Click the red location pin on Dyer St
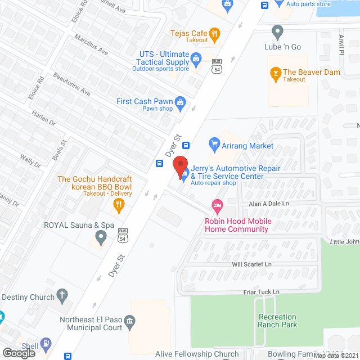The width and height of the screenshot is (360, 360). tap(180, 166)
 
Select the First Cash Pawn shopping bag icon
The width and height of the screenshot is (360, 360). tap(180, 102)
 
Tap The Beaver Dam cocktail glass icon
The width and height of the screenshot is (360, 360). tap(275, 72)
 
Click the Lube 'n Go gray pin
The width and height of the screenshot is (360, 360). tap(277, 32)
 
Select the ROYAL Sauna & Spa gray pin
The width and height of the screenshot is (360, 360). tap(101, 238)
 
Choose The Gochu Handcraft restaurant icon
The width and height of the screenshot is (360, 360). tap(118, 206)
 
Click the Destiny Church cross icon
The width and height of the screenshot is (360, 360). tap(62, 296)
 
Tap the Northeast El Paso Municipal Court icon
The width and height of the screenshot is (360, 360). tap(130, 321)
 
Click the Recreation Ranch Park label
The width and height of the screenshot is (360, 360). tap(277, 321)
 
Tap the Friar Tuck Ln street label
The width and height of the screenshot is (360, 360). tap(262, 292)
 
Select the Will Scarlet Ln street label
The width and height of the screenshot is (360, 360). tap(251, 264)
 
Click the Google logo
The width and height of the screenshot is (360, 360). tap(19, 353)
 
